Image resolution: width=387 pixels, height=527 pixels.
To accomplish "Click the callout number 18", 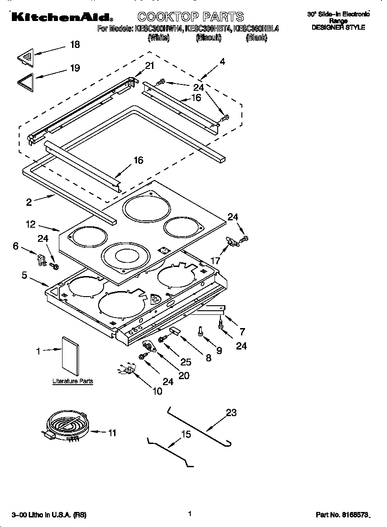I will [x=74, y=44].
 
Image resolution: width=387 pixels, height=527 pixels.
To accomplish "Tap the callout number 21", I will [x=150, y=66].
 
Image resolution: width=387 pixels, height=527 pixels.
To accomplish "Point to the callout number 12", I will [x=30, y=224].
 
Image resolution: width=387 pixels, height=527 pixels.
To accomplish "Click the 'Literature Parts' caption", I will [x=73, y=381].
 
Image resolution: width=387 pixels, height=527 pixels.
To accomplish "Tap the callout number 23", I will [x=231, y=412].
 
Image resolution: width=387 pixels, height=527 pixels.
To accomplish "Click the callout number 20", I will [x=184, y=376].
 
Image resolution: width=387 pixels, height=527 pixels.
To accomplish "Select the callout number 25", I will [x=185, y=362].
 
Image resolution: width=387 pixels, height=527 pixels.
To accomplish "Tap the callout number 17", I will [x=215, y=261].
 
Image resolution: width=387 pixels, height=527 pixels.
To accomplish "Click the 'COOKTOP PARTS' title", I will [x=191, y=17].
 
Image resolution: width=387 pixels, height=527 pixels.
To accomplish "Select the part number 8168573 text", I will [x=342, y=515].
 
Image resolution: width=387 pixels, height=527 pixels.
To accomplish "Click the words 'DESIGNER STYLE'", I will [x=338, y=27].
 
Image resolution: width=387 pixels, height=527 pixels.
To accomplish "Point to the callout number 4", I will [x=222, y=61].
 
